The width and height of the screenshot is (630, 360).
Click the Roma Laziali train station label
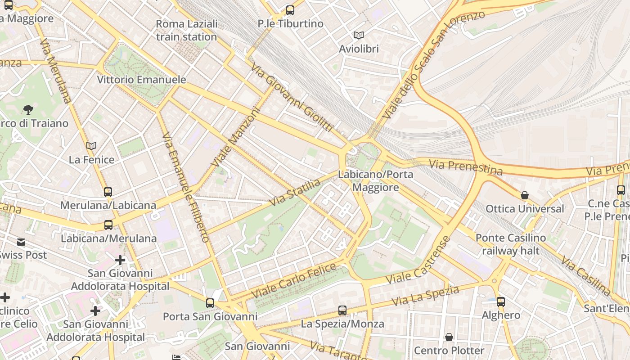pyautogui.click(x=187, y=30)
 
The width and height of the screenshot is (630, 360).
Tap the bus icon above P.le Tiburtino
pyautogui.click(x=290, y=10)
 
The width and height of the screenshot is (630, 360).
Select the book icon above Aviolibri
pyautogui.click(x=358, y=35)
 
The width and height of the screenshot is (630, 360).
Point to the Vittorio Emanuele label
pyautogui.click(x=141, y=80)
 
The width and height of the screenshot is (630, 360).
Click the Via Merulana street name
pyautogui.click(x=55, y=71)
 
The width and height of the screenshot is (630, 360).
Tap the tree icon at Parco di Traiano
pyautogui.click(x=28, y=109)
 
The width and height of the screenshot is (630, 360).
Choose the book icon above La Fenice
pyautogui.click(x=91, y=146)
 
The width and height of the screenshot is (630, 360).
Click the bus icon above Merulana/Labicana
pyautogui.click(x=108, y=192)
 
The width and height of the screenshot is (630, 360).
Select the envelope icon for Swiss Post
pyautogui.click(x=21, y=242)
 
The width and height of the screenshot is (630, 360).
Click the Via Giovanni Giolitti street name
pyautogui.click(x=291, y=98)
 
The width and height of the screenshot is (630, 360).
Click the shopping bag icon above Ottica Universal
pyautogui.click(x=525, y=195)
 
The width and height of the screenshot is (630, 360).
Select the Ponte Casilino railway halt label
pyautogui.click(x=511, y=244)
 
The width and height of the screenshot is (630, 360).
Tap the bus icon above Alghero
pyautogui.click(x=501, y=301)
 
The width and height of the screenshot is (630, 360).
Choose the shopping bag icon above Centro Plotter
pyautogui.click(x=449, y=337)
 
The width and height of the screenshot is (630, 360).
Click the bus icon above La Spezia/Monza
pyautogui.click(x=342, y=310)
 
